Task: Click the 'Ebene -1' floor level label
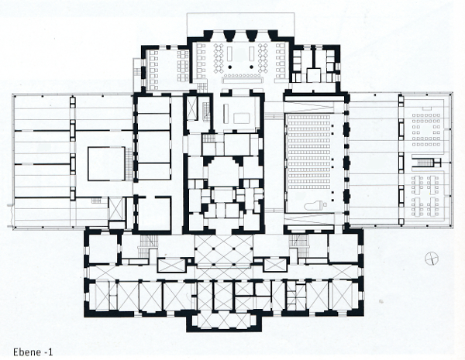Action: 33,352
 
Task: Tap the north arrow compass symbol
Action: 432,259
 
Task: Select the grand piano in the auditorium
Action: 313,205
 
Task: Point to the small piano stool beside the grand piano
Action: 325,204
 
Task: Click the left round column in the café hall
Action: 229,67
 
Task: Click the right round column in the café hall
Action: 251,67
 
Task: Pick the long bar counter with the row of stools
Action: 243,78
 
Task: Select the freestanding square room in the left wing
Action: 106,163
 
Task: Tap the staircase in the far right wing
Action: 426,163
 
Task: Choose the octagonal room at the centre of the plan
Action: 223,172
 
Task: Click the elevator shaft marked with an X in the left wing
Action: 116,208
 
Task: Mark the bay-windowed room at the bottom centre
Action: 224,321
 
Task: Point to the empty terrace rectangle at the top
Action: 241,22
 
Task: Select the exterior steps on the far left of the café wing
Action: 137,72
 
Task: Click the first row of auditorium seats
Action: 309,118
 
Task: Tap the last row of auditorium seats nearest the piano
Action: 309,187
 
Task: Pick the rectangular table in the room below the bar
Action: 243,118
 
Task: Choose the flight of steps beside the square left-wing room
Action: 129,163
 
